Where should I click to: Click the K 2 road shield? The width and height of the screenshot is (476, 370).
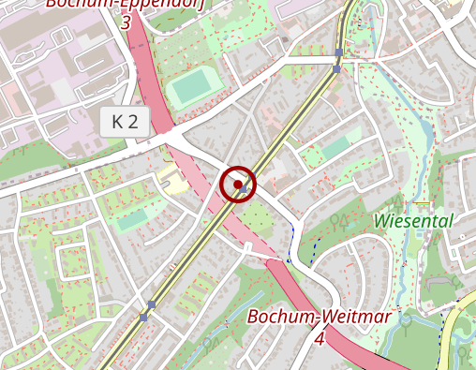point(125,121)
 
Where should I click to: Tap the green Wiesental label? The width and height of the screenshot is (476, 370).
point(413,221)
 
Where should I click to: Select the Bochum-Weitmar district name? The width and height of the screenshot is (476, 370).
point(319,317)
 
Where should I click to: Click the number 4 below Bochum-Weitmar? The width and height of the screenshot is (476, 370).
point(320,338)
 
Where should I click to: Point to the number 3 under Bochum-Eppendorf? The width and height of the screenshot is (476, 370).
point(125,20)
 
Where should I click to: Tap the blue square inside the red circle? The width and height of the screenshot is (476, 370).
point(244,189)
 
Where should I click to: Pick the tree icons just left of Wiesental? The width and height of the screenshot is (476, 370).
point(338,221)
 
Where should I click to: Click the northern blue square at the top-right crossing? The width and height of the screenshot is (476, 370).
point(338,52)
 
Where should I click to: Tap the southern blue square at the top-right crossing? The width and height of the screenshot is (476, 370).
point(336,68)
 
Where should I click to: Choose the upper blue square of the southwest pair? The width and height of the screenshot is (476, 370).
point(152,304)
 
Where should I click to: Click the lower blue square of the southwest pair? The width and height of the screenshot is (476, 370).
point(143,318)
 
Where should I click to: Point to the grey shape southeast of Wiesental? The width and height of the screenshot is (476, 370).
point(438,280)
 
